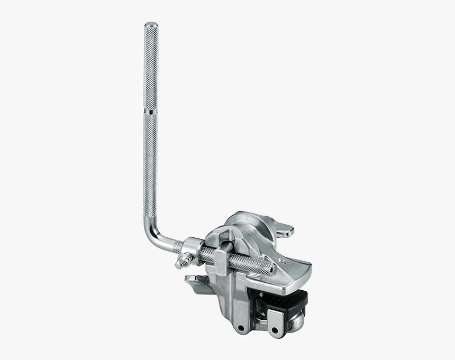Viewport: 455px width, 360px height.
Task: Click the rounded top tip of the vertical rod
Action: point(151,24)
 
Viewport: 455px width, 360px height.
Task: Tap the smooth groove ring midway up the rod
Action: point(151,113)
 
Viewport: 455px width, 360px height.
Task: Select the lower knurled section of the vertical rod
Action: point(151,164)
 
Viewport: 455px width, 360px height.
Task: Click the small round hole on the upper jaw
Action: point(279,261)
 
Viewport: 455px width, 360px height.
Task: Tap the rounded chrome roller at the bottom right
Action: point(297,320)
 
